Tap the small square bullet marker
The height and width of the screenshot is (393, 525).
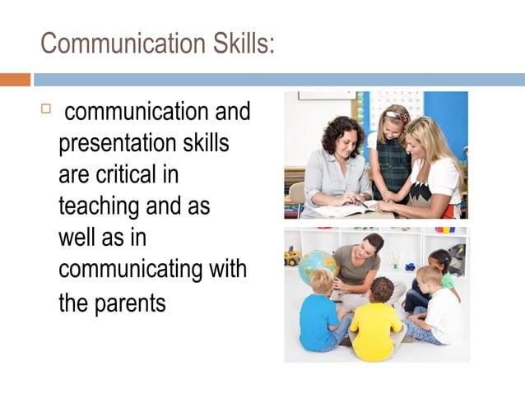pos(46,109)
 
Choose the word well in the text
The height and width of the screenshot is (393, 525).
pos(76,238)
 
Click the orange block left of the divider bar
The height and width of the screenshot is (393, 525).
pos(15,80)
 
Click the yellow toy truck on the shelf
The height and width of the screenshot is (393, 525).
pos(293,256)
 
